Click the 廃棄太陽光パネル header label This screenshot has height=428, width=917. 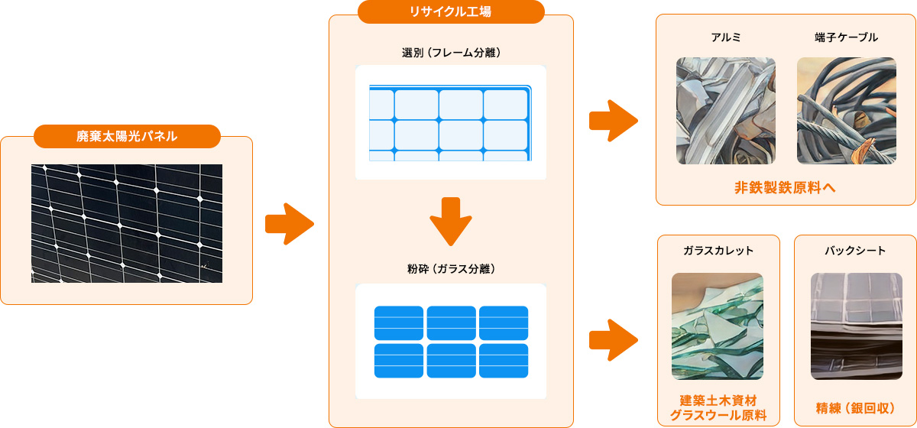click(x=127, y=137)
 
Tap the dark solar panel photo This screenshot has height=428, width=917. click(x=127, y=223)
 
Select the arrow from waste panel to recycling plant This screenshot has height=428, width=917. click(x=289, y=224)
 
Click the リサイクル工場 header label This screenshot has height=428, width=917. click(x=451, y=11)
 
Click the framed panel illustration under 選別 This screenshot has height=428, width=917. click(x=451, y=122)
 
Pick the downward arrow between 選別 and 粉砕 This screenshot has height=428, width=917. click(x=451, y=220)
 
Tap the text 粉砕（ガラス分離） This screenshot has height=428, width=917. click(x=451, y=269)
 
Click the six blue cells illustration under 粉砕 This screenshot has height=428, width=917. click(x=451, y=341)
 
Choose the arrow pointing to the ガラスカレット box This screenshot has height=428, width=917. click(x=613, y=339)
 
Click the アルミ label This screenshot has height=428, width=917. click(x=725, y=37)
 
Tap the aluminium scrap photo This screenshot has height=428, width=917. click(x=725, y=111)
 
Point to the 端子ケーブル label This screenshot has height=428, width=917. click(x=846, y=37)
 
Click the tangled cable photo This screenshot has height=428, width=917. click(x=846, y=111)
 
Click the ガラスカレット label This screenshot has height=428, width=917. click(x=718, y=251)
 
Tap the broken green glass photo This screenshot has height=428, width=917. click(x=718, y=326)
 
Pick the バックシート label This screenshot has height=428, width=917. click(x=855, y=251)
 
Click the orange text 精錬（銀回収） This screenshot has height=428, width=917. click(x=855, y=407)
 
